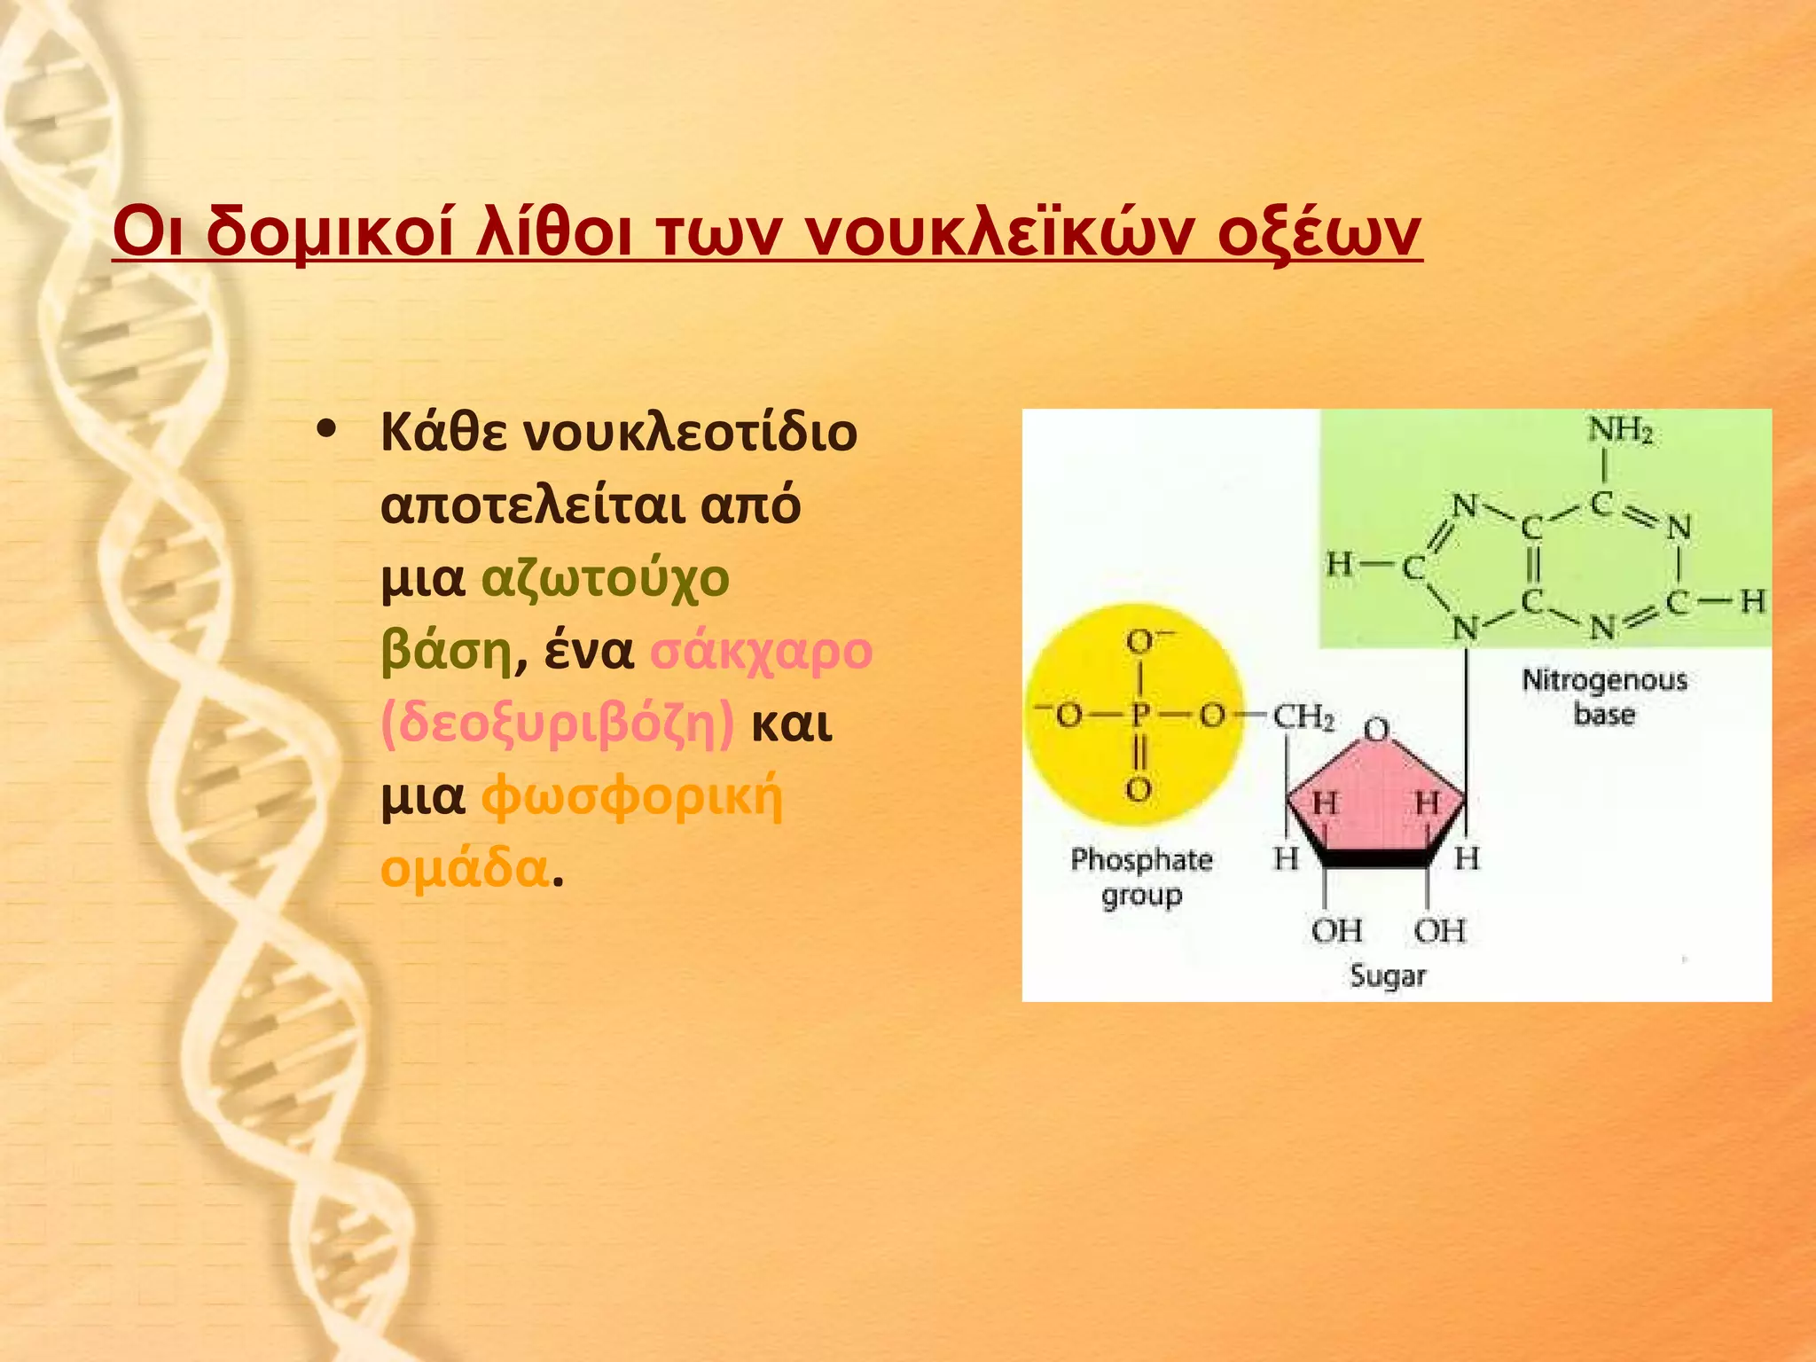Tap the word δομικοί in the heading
coord(327,233)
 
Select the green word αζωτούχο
coord(606,578)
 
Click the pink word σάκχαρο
coord(762,651)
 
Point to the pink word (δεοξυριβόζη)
coord(558,724)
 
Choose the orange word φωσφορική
coord(632,796)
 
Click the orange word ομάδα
coord(465,868)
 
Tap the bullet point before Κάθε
coord(326,430)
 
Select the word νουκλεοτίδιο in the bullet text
coord(691,434)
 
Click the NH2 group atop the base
coord(1619,431)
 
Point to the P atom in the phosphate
coord(1139,714)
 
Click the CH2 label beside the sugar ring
coord(1303,716)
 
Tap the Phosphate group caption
coord(1141,876)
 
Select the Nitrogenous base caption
coord(1604,697)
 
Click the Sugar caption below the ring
coord(1388,975)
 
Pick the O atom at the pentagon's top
coord(1376,731)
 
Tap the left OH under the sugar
coord(1336,930)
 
